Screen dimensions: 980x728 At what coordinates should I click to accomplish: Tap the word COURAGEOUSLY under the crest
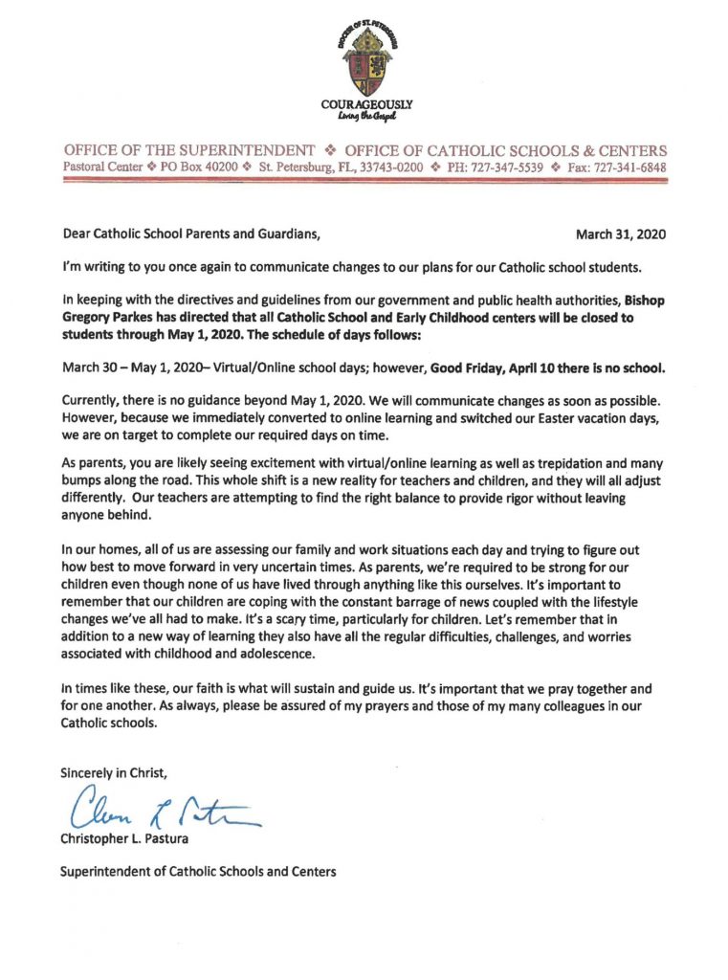(367, 103)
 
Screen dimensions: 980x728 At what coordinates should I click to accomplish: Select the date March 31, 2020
(621, 234)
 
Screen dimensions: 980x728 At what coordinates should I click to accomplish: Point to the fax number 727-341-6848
(630, 167)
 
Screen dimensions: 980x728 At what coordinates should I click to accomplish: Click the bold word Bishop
(647, 301)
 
